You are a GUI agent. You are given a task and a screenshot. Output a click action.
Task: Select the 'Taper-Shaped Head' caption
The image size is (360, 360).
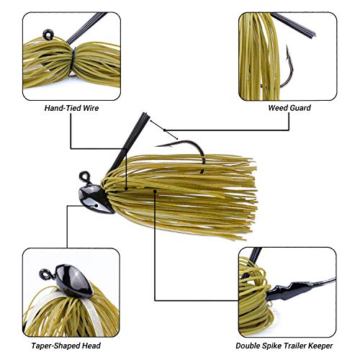(x=70, y=346)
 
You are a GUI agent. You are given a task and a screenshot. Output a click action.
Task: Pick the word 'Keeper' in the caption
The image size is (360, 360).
(x=318, y=346)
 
